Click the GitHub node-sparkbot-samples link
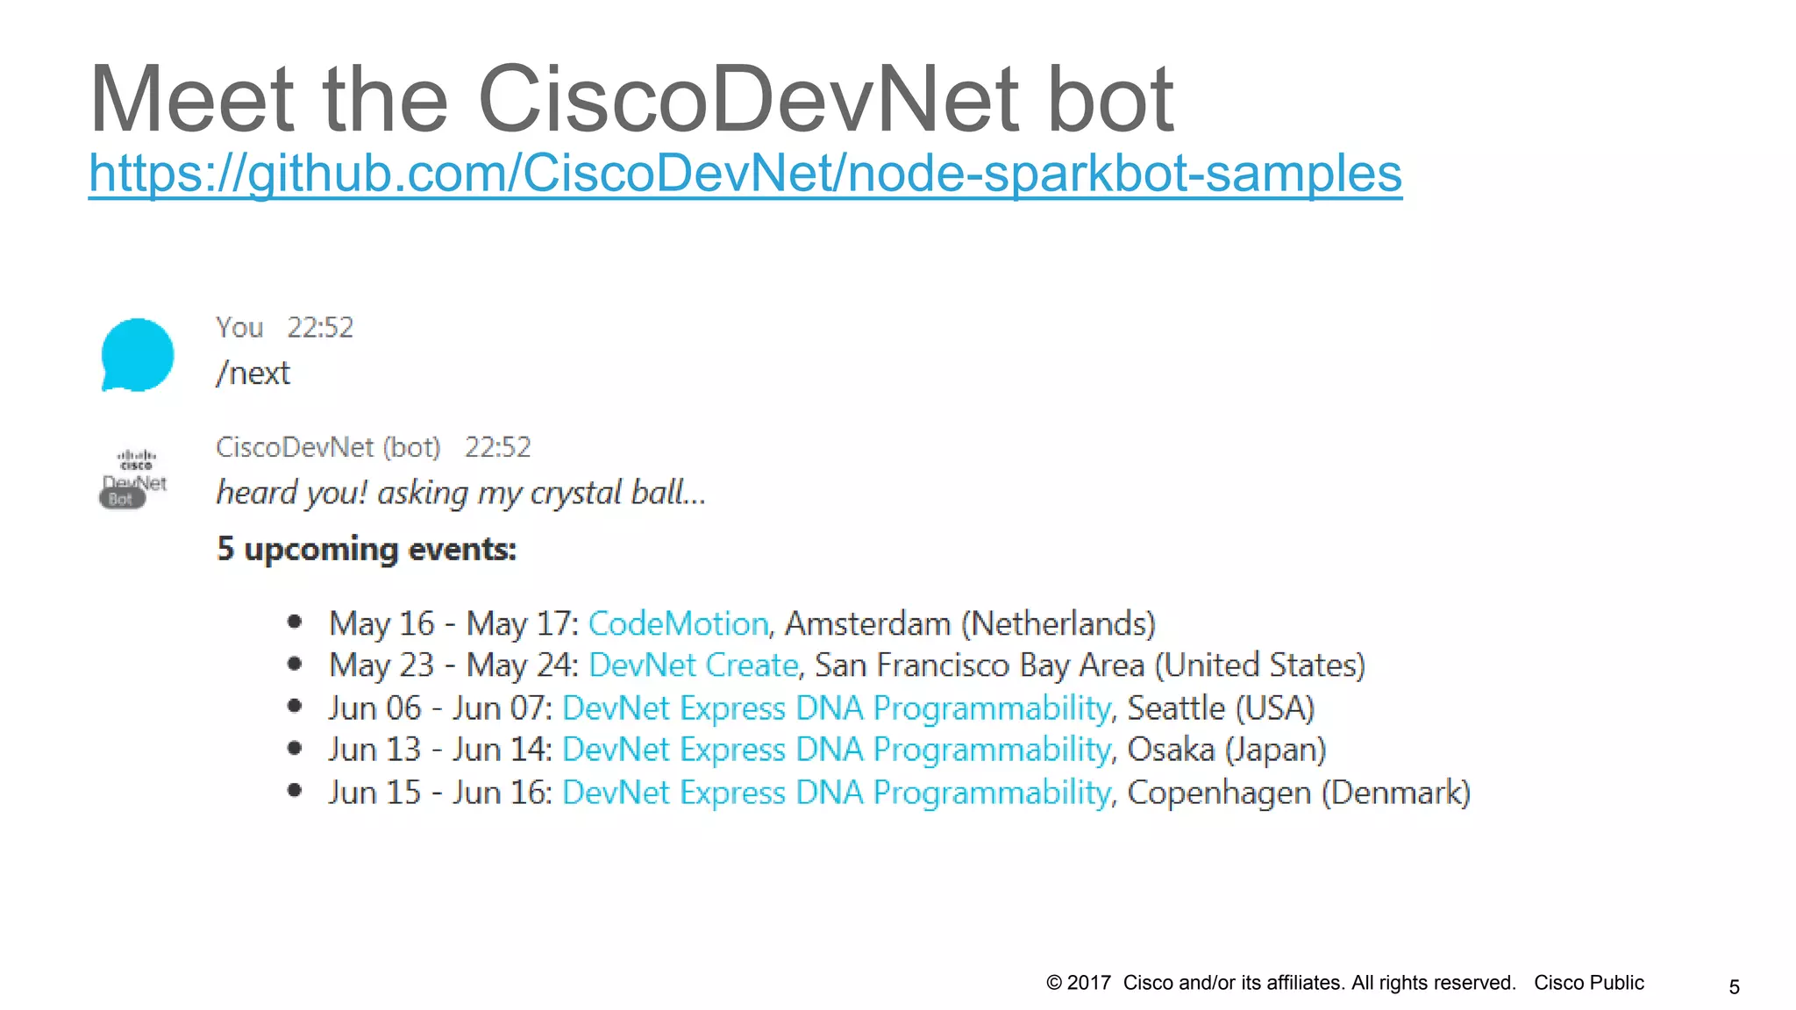745,173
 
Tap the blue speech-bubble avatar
137,354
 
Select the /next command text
253,373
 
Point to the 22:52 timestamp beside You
320,328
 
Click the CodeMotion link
678,623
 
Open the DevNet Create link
693,665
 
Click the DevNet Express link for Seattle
837,708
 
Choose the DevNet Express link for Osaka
837,750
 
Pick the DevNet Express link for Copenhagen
837,793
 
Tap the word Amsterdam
867,623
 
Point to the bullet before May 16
295,622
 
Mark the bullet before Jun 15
295,791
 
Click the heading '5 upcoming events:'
367,549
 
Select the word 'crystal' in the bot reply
576,493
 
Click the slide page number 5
1734,987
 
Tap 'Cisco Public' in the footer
1588,983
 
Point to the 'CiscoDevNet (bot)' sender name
328,447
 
